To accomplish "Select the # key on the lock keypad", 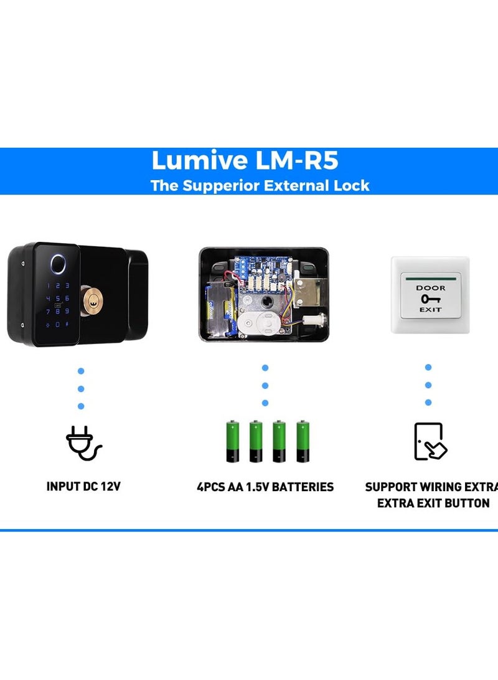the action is coord(67,324).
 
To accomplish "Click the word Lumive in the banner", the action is coord(200,160).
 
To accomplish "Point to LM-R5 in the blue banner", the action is coord(297,160).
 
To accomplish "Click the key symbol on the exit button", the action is coord(430,299).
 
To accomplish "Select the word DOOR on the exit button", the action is coord(430,288).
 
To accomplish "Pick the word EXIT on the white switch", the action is coord(430,310).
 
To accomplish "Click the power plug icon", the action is coord(83,443).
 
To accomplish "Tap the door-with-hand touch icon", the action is coord(430,441).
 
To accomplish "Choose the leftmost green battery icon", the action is coord(233,441).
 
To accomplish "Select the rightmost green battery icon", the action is coord(303,441).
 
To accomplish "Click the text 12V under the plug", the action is coord(110,487).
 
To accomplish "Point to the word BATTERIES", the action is coord(303,487).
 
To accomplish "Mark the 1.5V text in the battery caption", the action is coord(257,487).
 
